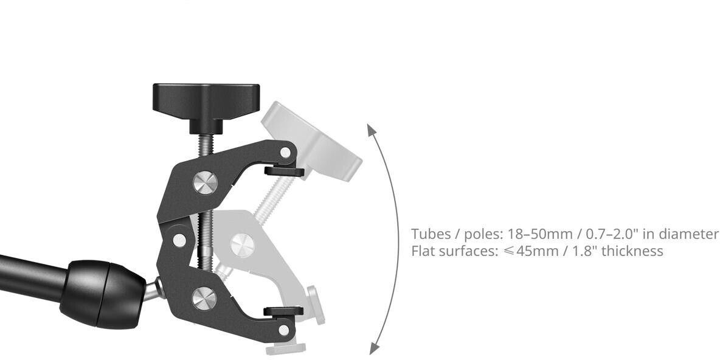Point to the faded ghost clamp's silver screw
pyautogui.click(x=241, y=245)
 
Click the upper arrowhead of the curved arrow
pyautogui.click(x=370, y=127)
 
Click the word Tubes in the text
pyautogui.click(x=431, y=234)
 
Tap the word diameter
pyautogui.click(x=689, y=234)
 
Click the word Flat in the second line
pyautogui.click(x=423, y=251)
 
